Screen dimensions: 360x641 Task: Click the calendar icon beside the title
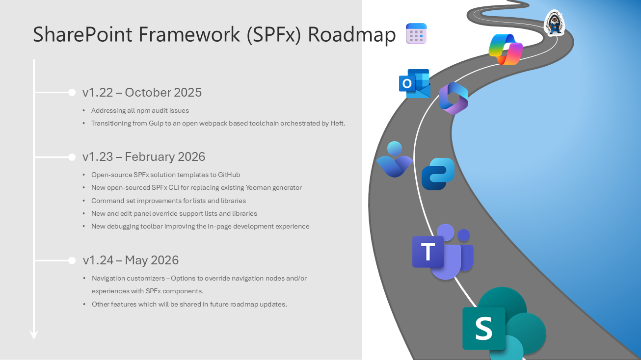(416, 34)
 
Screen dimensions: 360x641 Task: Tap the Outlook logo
(414, 83)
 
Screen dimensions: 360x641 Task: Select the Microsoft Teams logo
(442, 252)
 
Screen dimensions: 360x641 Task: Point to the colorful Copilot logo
(506, 50)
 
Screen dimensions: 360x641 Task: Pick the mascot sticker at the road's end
(555, 23)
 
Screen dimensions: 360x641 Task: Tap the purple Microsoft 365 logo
(453, 98)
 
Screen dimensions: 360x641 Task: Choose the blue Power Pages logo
(438, 174)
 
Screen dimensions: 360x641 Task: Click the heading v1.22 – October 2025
(142, 92)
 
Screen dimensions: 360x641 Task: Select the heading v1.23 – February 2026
(144, 156)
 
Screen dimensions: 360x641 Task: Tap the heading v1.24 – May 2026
(131, 260)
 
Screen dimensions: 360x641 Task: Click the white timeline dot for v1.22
(72, 92)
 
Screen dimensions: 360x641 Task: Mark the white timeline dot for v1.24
(72, 260)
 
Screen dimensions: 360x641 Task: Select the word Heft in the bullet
(338, 124)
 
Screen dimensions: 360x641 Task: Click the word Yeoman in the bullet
(252, 187)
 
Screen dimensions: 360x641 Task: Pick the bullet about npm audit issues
(140, 110)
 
